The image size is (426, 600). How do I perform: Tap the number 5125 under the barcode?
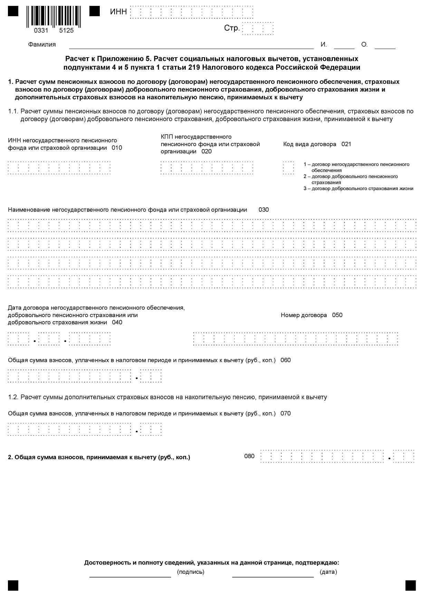point(66,30)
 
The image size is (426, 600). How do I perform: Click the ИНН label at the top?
point(118,12)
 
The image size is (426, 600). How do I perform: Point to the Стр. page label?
point(232,28)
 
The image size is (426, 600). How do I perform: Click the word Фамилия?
point(42,45)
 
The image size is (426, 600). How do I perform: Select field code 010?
point(117,148)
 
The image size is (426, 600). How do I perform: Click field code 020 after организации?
point(206,151)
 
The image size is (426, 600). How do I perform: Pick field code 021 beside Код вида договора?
point(346,144)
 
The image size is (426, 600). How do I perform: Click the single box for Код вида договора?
point(289,168)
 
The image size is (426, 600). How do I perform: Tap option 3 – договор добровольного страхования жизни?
point(358,188)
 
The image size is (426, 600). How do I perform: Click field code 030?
point(264,210)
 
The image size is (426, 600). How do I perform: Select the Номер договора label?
point(304,315)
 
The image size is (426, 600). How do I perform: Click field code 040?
point(117,323)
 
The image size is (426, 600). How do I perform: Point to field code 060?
point(285,360)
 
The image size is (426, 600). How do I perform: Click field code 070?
point(285,413)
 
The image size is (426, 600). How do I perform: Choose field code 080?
point(249,456)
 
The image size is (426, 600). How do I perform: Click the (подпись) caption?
point(191,572)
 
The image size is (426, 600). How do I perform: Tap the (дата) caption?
point(328,572)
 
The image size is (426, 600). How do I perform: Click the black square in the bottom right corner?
point(410,586)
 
